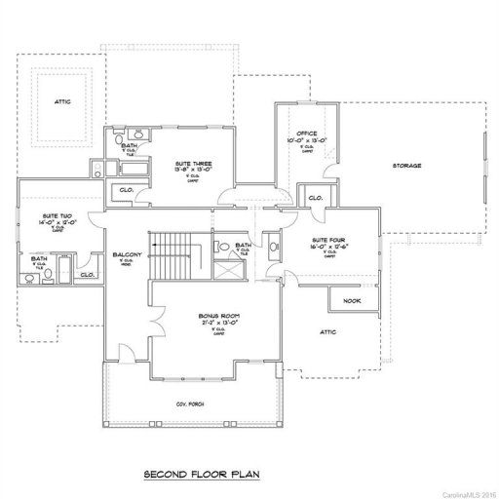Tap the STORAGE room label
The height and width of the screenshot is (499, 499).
click(x=407, y=166)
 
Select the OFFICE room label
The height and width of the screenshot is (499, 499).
click(x=309, y=133)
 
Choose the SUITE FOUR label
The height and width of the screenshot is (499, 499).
click(x=326, y=240)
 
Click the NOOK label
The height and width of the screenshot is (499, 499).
click(x=352, y=300)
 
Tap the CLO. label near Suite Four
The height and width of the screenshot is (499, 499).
click(x=315, y=198)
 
